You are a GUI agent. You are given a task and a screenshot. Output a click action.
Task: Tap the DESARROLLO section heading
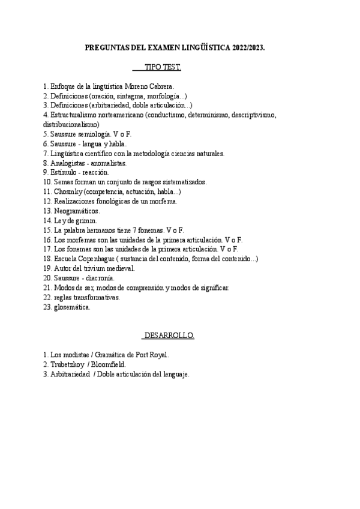tap(169, 336)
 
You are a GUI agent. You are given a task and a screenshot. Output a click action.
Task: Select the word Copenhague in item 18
tap(100, 259)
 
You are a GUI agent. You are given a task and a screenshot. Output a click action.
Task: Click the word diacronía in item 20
tap(100, 278)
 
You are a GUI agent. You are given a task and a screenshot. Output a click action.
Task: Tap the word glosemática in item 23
tap(72, 307)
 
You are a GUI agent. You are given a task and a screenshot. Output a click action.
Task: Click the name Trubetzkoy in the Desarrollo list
tap(69, 364)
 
